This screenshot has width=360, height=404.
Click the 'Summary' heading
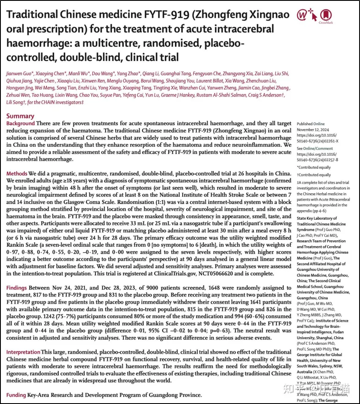coord(20,116)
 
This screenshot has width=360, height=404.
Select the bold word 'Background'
coord(21,123)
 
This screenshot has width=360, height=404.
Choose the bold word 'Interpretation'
coord(23,352)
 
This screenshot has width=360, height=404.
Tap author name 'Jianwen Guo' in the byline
coord(17,74)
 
